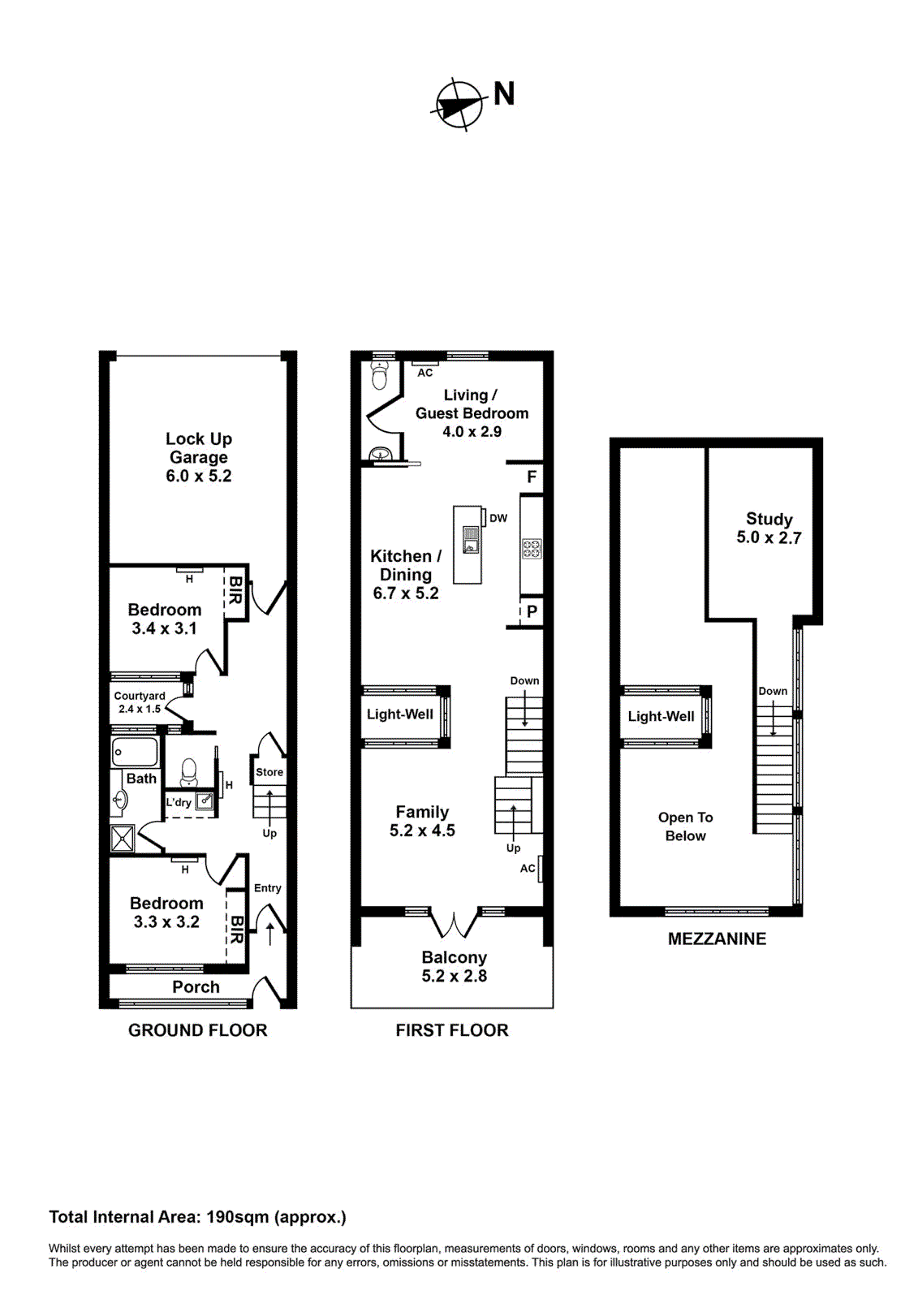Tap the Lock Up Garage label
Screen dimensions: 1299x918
(199, 457)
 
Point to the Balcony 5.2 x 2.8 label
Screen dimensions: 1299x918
(454, 967)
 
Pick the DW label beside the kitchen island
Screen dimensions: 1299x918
(498, 518)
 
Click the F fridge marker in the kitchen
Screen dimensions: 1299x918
(532, 477)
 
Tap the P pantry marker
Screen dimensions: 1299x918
(532, 611)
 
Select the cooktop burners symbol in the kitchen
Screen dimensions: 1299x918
(532, 548)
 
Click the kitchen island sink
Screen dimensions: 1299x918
(471, 538)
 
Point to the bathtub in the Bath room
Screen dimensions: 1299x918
(135, 752)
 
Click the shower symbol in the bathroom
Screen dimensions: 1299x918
(123, 839)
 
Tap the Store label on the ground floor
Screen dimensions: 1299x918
(269, 772)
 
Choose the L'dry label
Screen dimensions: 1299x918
(179, 803)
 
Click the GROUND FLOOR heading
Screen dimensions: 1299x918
(197, 1030)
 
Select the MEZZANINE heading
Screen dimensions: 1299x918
(717, 939)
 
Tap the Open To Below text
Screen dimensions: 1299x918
(685, 826)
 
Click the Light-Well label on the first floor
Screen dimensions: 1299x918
(400, 714)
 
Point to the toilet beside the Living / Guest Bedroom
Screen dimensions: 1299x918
(379, 375)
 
